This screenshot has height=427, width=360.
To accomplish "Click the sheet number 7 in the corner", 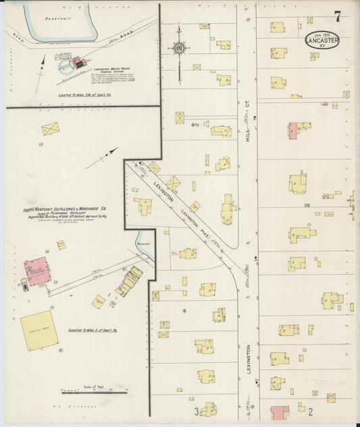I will tap(336, 16).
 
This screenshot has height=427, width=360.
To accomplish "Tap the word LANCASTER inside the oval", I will tap(322, 40).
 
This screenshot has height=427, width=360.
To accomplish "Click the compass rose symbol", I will tap(180, 48).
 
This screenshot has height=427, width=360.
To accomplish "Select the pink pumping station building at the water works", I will tap(79, 63).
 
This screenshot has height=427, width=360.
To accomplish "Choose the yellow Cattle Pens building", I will tap(38, 330).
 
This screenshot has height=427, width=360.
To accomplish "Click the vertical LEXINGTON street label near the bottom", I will tap(248, 359).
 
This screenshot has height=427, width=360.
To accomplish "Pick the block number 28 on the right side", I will tap(307, 205).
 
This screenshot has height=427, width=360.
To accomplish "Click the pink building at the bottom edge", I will tap(280, 412).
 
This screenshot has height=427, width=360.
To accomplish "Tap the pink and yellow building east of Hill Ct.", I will tap(297, 130).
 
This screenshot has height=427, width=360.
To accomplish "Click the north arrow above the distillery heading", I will tap(101, 157).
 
